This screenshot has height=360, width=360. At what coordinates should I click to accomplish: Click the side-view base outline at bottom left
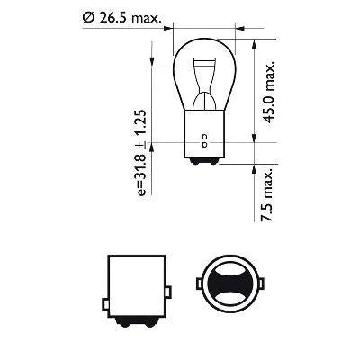coord(137,283)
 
